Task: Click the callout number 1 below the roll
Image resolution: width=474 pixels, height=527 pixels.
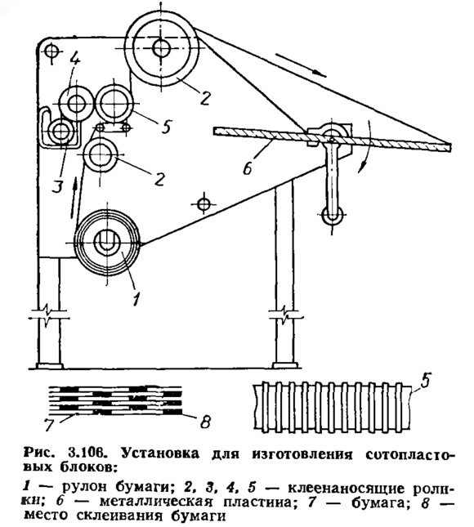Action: pos(136,298)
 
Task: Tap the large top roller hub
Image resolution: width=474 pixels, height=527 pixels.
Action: pos(161,48)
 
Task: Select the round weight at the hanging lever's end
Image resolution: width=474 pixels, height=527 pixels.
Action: pos(333,214)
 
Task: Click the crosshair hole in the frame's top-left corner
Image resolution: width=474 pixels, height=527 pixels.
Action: pos(51,51)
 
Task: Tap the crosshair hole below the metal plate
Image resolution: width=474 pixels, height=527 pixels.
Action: pos(203,203)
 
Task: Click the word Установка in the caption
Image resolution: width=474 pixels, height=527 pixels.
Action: pos(160,453)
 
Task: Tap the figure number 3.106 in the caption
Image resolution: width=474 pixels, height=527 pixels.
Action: pos(86,453)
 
